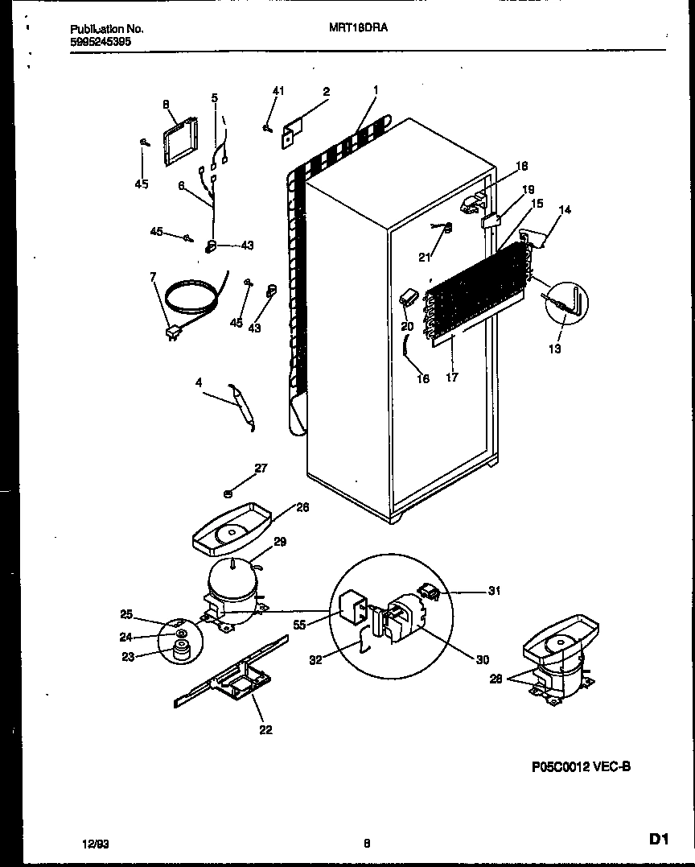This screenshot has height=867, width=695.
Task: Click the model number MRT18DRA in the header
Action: point(359,27)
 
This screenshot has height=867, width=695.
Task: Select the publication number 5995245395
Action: point(97,40)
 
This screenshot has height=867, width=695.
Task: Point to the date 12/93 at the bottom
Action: point(95,844)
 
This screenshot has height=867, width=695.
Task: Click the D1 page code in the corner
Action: point(659,840)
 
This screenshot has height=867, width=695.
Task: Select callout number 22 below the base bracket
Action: point(265,730)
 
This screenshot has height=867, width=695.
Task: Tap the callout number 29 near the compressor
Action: point(279,543)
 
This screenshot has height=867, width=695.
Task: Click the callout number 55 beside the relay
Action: point(299,625)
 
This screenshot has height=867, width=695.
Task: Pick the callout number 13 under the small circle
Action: point(555,349)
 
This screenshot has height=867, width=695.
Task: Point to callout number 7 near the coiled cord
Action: point(153,278)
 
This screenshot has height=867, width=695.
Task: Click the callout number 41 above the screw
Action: point(278,91)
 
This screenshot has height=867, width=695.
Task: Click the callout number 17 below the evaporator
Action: point(451,377)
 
